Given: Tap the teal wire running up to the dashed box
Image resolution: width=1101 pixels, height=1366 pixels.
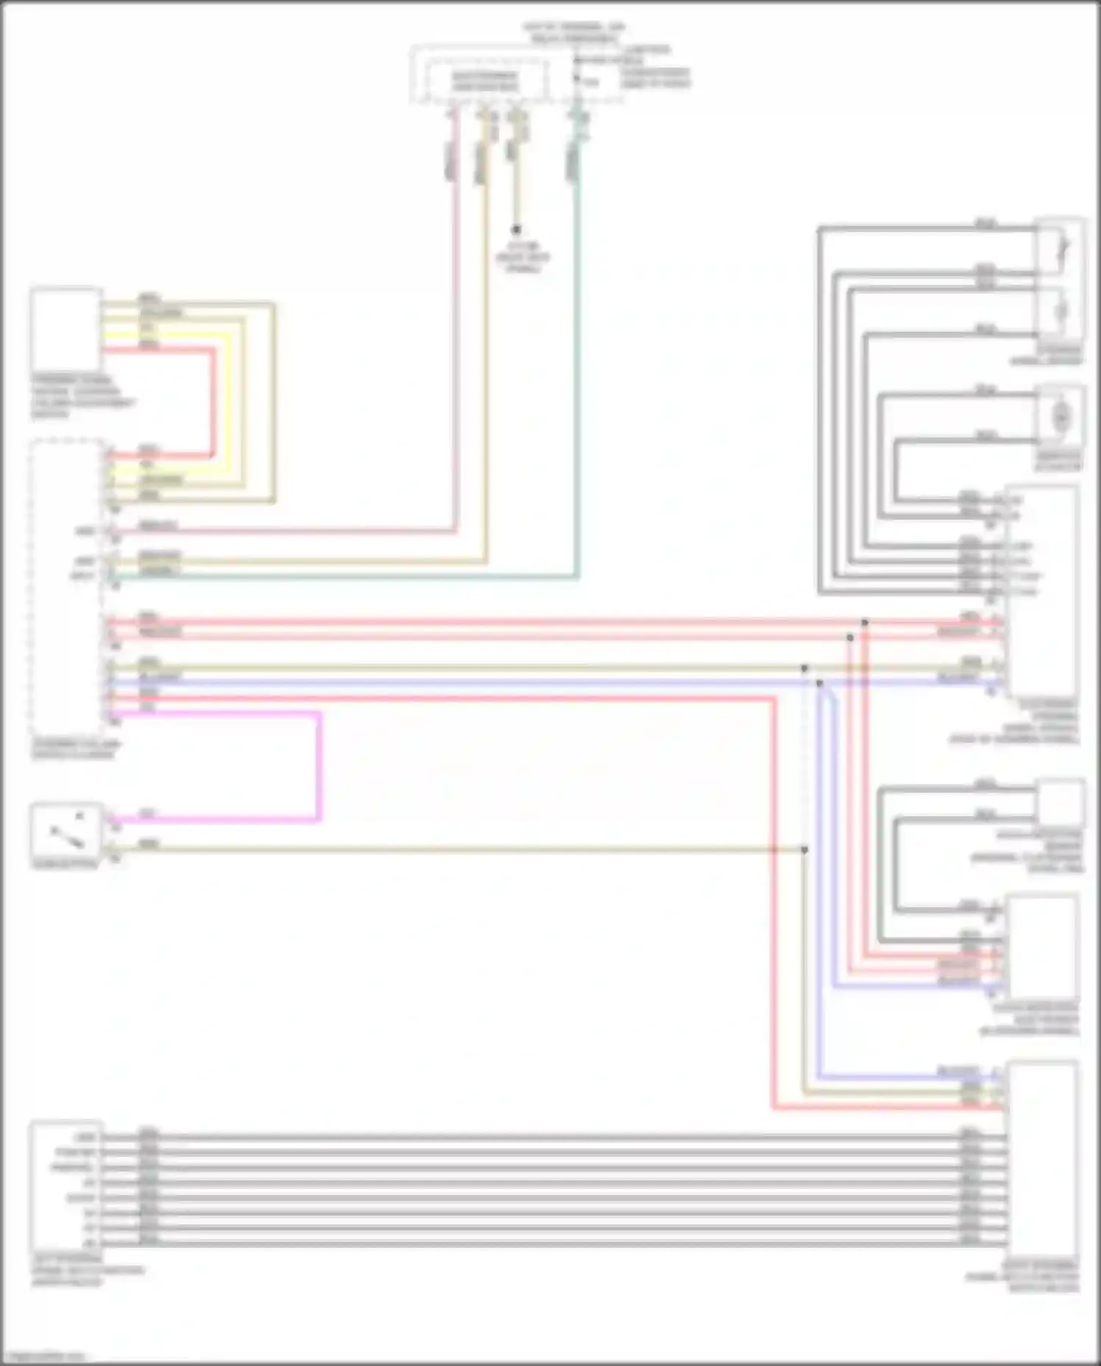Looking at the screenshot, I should click(x=578, y=367).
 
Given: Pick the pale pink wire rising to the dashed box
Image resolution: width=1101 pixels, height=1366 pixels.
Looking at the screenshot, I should click(x=456, y=330).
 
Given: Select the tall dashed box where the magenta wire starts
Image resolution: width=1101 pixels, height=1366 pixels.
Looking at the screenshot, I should click(x=66, y=587).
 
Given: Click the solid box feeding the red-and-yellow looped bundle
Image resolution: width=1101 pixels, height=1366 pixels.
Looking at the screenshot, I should click(x=66, y=330).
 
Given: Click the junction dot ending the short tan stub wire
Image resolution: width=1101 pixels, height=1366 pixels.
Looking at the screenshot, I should click(x=517, y=230).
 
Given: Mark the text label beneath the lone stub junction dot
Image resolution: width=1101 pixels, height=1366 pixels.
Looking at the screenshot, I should click(x=521, y=258).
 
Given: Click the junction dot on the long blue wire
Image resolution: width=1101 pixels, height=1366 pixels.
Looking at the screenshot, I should click(x=820, y=683).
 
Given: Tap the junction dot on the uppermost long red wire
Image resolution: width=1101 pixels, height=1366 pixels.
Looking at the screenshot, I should click(x=865, y=622).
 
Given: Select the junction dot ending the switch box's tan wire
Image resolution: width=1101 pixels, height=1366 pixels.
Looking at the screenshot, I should click(x=804, y=850).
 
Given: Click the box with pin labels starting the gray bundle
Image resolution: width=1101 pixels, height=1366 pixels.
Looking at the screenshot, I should click(x=66, y=1189).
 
